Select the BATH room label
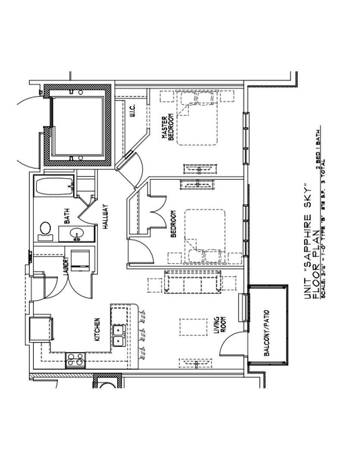point(67,219)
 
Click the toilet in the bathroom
point(45,230)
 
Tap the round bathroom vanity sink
point(77,234)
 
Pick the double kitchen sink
point(119,335)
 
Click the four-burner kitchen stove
point(75,360)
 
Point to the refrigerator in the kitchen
point(41,329)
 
